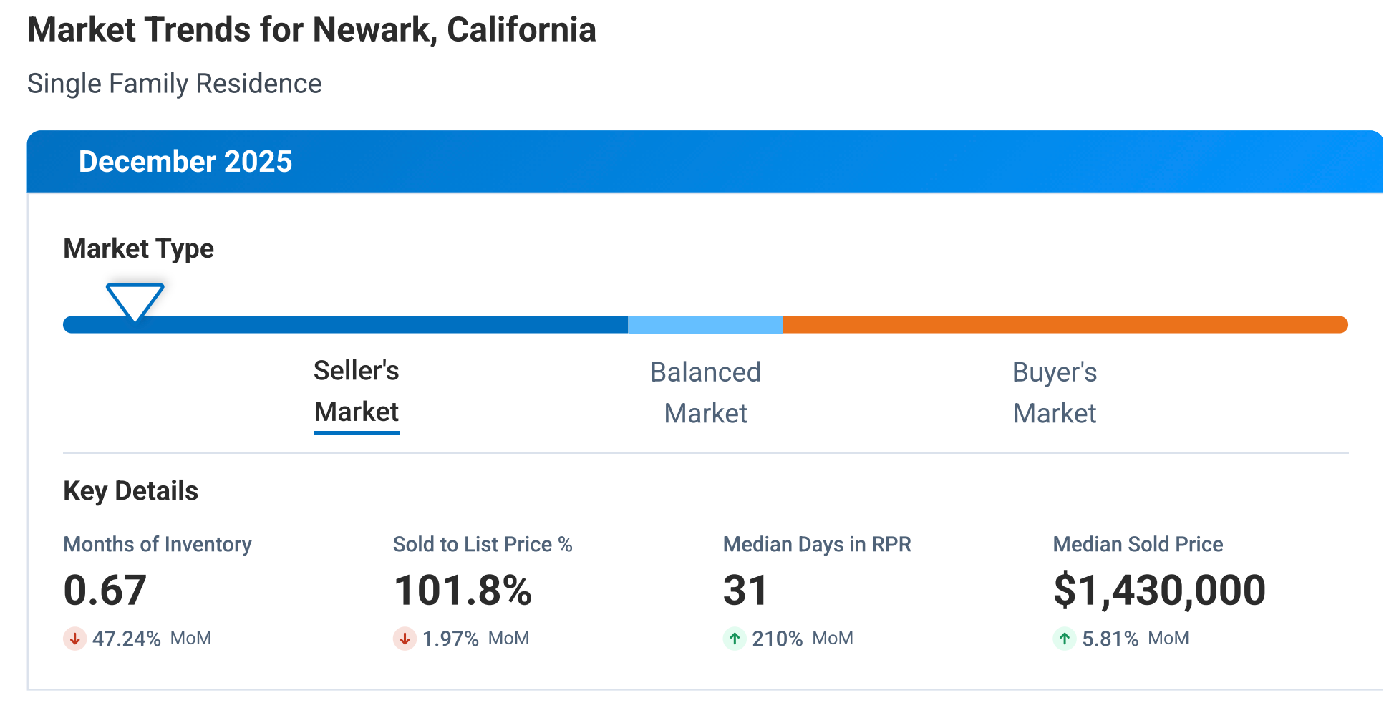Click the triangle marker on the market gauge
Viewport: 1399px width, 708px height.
(135, 300)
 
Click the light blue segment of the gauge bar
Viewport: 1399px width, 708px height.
(705, 325)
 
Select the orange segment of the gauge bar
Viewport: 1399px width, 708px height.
(1065, 325)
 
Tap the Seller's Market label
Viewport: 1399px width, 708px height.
(356, 392)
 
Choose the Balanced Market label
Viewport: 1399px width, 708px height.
(705, 393)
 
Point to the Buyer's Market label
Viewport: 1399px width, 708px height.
(1054, 393)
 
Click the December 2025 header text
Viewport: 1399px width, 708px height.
(185, 162)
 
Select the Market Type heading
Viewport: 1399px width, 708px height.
(138, 249)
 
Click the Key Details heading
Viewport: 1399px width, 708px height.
(130, 491)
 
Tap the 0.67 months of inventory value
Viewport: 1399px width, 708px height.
(105, 591)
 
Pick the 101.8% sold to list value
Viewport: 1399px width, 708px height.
(463, 591)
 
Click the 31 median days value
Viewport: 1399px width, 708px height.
(745, 591)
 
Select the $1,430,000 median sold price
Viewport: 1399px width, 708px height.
(1159, 591)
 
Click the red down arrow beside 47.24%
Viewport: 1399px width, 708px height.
(74, 639)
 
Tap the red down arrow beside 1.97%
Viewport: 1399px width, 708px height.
(405, 639)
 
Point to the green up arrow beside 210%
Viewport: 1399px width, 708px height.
(735, 639)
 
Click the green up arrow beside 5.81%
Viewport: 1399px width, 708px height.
(1065, 639)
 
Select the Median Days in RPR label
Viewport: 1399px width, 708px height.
(816, 545)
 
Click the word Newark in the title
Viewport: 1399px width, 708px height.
(374, 31)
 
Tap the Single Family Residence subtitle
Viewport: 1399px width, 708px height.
(174, 84)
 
